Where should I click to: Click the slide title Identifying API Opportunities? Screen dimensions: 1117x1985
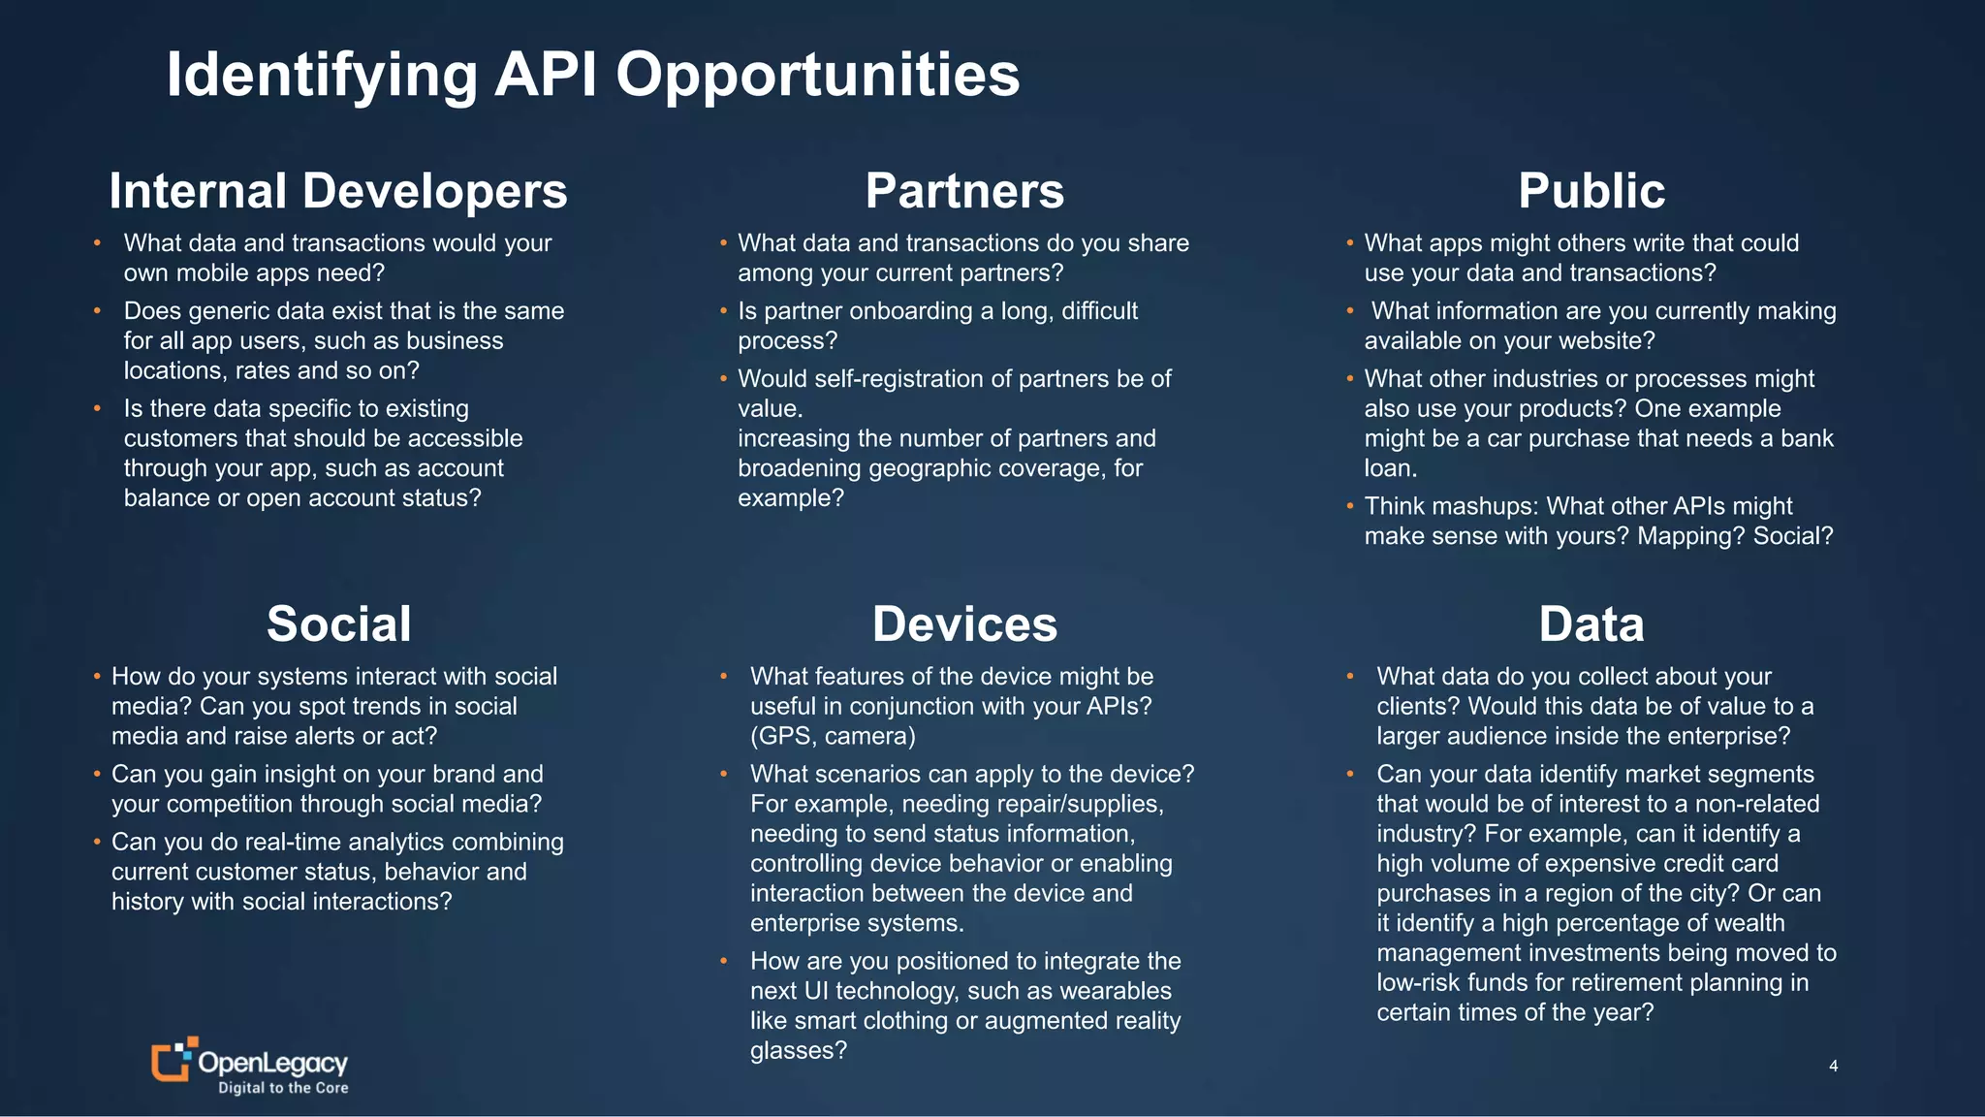pyautogui.click(x=592, y=75)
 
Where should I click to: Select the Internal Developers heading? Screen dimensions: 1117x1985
pyautogui.click(x=338, y=191)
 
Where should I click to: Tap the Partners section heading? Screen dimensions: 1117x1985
pyautogui.click(x=964, y=191)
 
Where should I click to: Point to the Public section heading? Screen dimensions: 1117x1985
pyautogui.click(x=1591, y=191)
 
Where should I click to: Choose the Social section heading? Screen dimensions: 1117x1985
pyautogui.click(x=338, y=623)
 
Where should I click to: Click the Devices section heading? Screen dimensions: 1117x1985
pyautogui.click(x=964, y=623)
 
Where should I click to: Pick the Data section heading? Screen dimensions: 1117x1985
pyautogui.click(x=1591, y=623)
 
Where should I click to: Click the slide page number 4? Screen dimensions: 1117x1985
pyautogui.click(x=1833, y=1066)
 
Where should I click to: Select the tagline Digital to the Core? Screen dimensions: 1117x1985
pyautogui.click(x=283, y=1088)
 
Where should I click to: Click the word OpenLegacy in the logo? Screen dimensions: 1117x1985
pyautogui.click(x=272, y=1063)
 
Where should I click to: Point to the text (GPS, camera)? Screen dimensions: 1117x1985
pyautogui.click(x=833, y=736)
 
